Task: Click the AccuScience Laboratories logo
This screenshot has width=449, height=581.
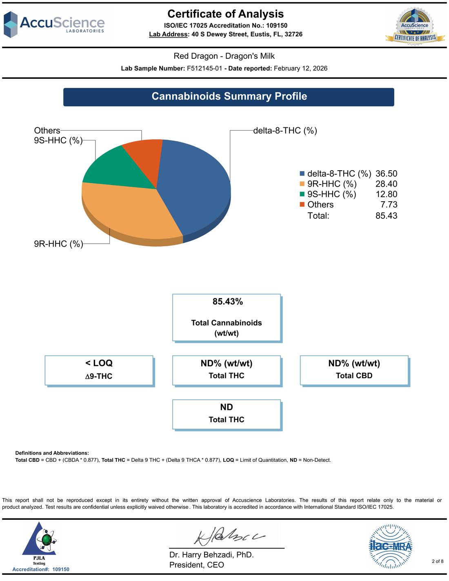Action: [x=54, y=24]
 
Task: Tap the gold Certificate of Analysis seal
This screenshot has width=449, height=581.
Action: [x=415, y=27]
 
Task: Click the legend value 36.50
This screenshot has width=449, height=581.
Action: [x=386, y=174]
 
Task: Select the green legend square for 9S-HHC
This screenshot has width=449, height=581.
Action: [x=302, y=194]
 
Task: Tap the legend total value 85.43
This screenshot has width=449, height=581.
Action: [x=386, y=216]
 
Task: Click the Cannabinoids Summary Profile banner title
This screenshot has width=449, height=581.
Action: [x=229, y=96]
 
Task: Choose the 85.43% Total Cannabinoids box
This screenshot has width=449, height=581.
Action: [x=227, y=318]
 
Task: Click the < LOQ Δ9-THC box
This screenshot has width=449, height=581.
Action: [x=100, y=371]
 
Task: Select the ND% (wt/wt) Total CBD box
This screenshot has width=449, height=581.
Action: [x=355, y=371]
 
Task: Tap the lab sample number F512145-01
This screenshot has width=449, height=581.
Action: [x=204, y=69]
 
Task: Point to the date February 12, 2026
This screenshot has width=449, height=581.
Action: [x=300, y=69]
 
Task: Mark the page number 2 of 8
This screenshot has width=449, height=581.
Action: [x=438, y=561]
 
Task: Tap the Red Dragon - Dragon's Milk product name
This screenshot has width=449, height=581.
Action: [x=224, y=56]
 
